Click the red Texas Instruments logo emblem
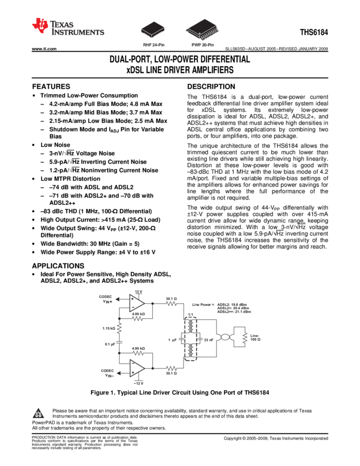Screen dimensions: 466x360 click(39, 26)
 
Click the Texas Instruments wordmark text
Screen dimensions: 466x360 click(77, 29)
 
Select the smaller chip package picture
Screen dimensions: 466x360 click(153, 29)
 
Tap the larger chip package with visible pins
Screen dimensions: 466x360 click(202, 29)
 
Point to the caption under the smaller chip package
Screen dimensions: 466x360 click(154, 45)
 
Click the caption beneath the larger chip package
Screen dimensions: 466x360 click(202, 45)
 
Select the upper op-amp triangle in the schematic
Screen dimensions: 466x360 click(136, 301)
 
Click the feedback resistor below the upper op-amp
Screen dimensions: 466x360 click(138, 319)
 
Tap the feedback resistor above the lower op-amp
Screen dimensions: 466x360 click(138, 352)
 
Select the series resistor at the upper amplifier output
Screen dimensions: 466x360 click(171, 303)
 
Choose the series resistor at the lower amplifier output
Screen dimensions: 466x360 click(171, 368)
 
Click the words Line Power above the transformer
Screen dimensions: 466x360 click(203, 305)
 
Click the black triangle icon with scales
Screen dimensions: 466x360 click(38, 414)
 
